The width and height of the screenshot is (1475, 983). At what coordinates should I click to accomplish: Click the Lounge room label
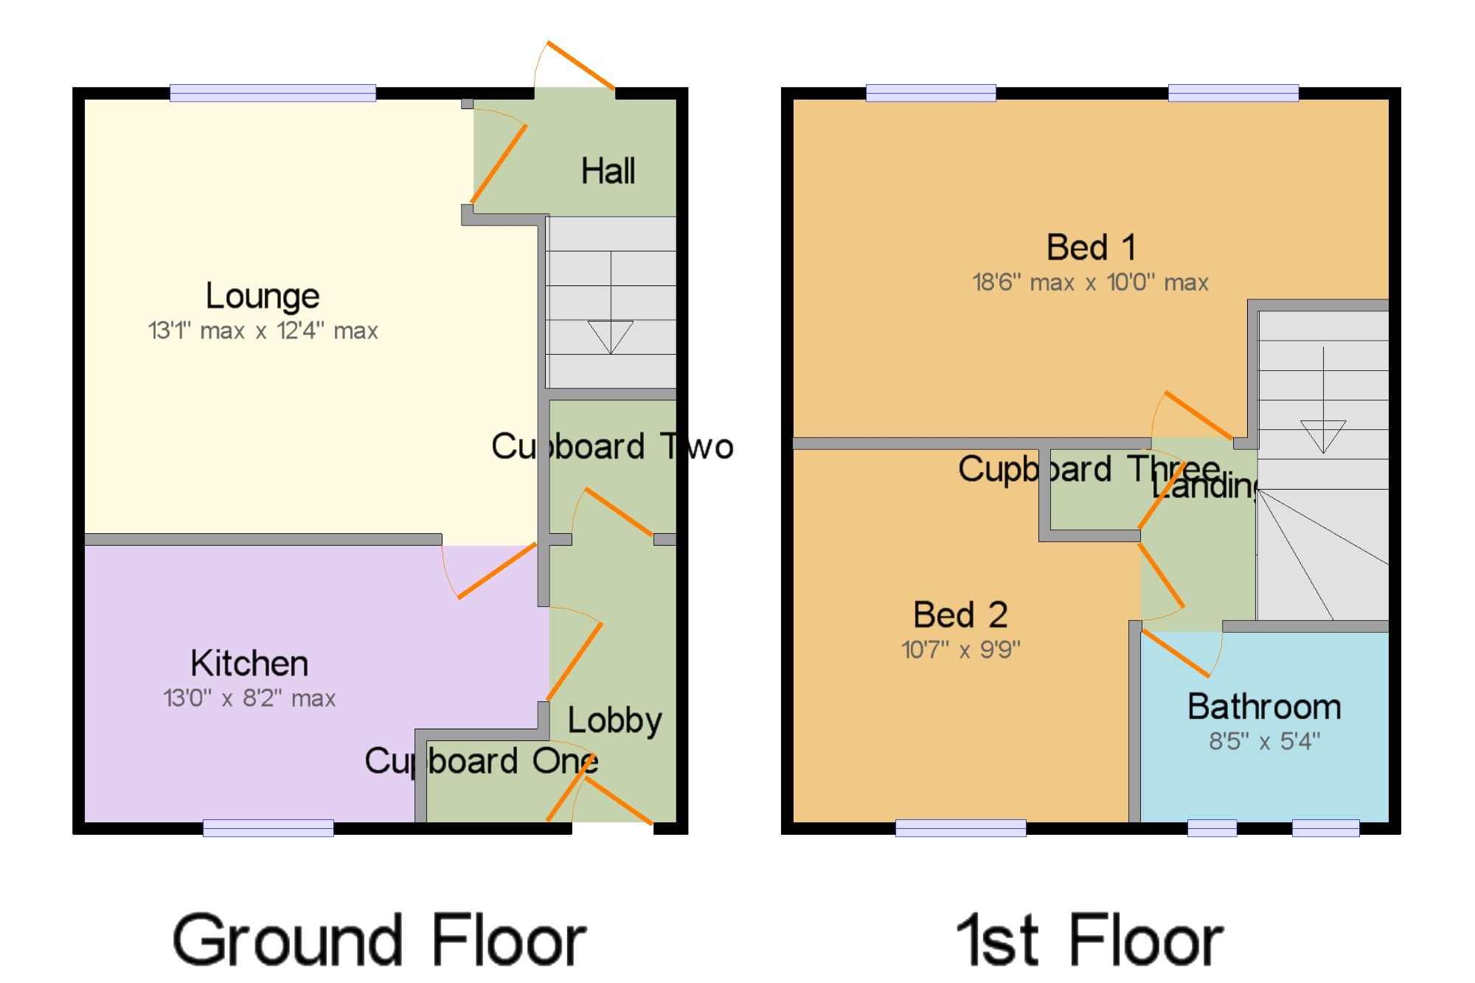[x=263, y=296]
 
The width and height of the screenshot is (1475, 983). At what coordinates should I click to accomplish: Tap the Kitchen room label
[x=249, y=663]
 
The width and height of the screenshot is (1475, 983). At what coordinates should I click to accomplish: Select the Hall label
[x=608, y=171]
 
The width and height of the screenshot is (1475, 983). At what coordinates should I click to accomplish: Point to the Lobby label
[x=614, y=720]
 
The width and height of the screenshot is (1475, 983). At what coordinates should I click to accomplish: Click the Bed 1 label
[x=1091, y=248]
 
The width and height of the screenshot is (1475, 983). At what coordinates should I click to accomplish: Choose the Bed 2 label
[x=960, y=614]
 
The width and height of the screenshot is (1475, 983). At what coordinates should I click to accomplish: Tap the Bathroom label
[x=1264, y=706]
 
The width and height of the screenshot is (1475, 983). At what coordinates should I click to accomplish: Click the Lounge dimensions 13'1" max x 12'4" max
[x=263, y=331]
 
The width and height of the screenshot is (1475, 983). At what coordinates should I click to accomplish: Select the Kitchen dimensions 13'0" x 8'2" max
[x=249, y=698]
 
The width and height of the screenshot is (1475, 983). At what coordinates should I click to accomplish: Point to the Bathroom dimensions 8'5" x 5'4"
[x=1264, y=741]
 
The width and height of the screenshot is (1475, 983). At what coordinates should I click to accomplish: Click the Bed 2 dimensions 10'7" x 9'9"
[x=960, y=650]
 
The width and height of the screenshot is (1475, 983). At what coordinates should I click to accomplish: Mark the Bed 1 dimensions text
[x=1090, y=282]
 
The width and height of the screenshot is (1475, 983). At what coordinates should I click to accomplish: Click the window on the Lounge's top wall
[x=273, y=93]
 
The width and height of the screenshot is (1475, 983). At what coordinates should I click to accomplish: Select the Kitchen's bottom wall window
[x=268, y=828]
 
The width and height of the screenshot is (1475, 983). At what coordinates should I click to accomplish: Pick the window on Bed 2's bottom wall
[x=960, y=828]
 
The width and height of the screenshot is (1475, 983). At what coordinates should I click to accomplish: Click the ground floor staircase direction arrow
[x=611, y=336]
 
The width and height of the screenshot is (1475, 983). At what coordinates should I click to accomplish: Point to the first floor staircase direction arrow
[x=1323, y=435]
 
